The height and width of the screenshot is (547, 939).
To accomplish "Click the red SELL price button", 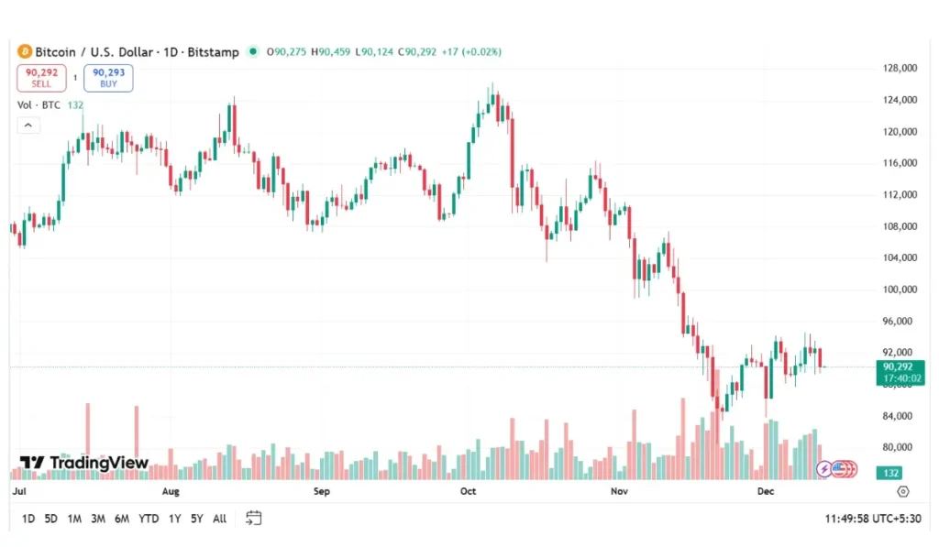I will coord(41,78).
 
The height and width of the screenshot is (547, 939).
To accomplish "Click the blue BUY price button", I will coord(108,78).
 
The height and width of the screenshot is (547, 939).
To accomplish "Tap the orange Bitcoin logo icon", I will coord(25,52).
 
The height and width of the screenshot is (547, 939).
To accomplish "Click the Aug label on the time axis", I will coord(170,492).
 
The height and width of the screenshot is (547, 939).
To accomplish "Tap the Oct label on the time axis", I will coord(469,492).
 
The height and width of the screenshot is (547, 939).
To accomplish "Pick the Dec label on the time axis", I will coord(767,492).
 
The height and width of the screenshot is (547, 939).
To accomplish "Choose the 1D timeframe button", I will coord(28,519).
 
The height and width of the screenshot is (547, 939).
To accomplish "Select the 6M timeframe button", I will coord(121,519).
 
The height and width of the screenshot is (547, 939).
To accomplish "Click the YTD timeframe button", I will coord(149,519).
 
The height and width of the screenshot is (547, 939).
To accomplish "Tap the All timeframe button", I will coord(219,519).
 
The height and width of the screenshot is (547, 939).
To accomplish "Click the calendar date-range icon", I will coord(254,518).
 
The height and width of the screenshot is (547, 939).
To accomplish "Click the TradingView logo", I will coord(84,463).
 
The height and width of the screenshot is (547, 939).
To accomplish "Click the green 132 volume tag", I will coord(889,473).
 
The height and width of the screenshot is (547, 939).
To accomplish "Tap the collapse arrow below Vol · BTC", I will coord(28,125).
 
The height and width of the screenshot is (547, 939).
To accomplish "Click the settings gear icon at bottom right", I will coord(903,492).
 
